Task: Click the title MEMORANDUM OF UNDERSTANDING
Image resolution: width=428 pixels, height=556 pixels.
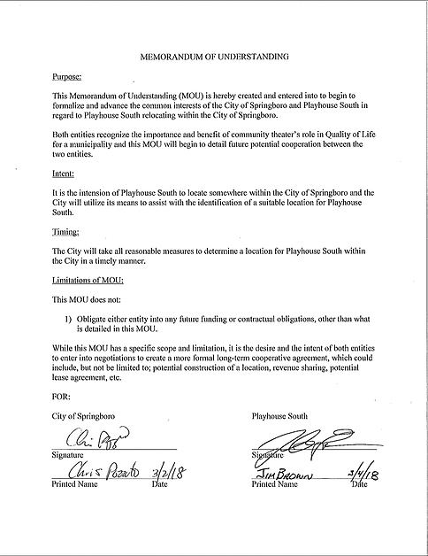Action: (215, 56)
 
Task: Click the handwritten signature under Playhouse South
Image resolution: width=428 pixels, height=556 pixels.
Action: (300, 440)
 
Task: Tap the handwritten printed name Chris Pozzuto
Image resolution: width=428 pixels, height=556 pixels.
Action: (97, 475)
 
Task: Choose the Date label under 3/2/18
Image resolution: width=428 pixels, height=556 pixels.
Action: (160, 485)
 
